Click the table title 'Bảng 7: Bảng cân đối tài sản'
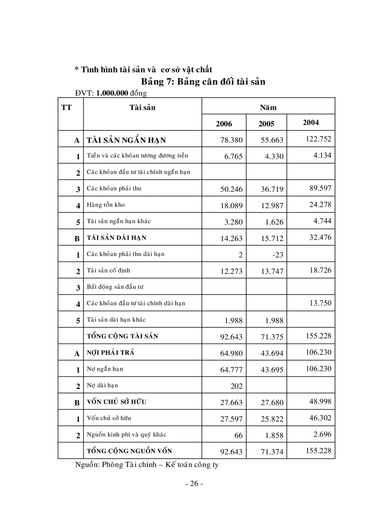(x=203, y=81)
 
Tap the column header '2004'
(x=311, y=122)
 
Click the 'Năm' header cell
(x=268, y=107)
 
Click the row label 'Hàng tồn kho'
(x=106, y=205)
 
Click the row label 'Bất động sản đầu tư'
(x=115, y=286)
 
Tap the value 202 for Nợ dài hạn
(x=236, y=386)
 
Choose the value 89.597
(x=319, y=188)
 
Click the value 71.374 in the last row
(x=273, y=451)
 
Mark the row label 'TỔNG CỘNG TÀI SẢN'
(x=122, y=336)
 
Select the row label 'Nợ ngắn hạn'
(x=105, y=369)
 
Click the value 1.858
(x=274, y=435)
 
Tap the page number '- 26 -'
(x=194, y=483)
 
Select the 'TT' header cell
(x=66, y=107)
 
